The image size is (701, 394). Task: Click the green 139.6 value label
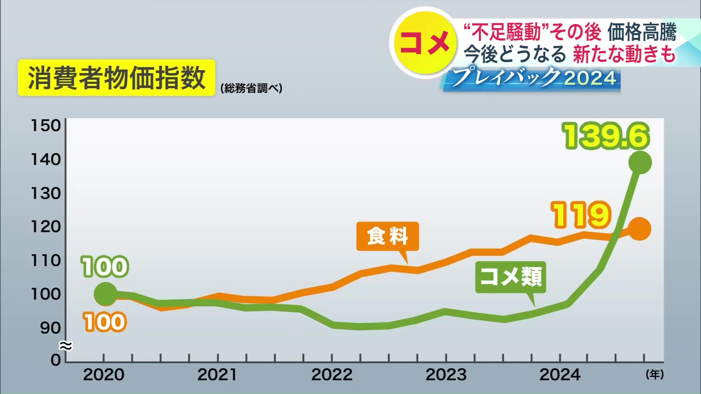click(606, 136)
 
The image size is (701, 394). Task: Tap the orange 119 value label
click(582, 215)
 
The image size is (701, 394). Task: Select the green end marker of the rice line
click(640, 162)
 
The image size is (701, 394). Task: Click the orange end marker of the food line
click(639, 229)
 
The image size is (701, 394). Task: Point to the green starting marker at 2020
click(106, 294)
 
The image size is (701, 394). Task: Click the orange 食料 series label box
click(387, 236)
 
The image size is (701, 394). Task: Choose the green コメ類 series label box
click(510, 277)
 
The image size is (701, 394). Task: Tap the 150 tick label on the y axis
click(46, 125)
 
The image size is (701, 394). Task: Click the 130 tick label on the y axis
click(46, 193)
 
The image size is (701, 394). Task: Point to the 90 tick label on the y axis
click(50, 328)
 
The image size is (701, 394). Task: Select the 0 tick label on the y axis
click(55, 360)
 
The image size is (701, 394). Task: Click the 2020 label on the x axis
click(104, 375)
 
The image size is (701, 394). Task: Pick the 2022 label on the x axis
click(332, 375)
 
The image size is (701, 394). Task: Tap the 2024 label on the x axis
click(560, 375)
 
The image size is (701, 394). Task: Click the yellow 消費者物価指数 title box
click(116, 78)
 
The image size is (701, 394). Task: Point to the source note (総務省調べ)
click(251, 88)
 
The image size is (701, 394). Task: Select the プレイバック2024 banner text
click(533, 78)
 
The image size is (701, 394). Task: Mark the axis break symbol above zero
click(66, 345)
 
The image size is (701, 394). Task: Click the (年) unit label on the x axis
click(655, 374)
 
